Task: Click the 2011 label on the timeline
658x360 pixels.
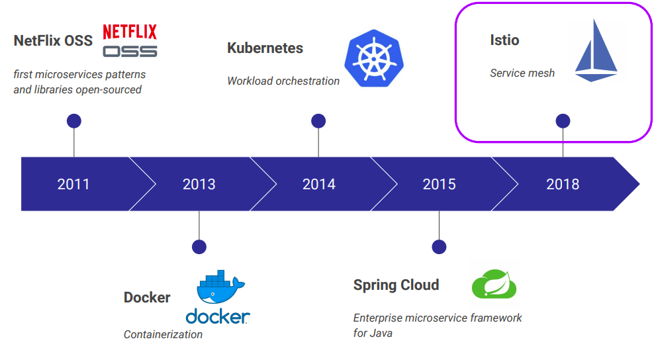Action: click(73, 184)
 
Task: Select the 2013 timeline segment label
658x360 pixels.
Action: click(199, 184)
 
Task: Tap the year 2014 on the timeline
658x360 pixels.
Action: click(319, 184)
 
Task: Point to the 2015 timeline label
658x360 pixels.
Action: click(440, 184)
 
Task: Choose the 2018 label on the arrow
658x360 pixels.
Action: click(563, 184)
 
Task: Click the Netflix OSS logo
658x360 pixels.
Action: click(130, 40)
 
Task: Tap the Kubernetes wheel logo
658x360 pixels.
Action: click(373, 58)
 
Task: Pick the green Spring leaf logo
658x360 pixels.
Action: click(494, 285)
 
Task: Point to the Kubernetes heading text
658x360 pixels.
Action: click(265, 48)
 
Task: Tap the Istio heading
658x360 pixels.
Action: click(504, 40)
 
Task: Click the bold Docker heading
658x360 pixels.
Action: click(147, 298)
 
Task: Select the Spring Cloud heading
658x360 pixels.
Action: click(396, 285)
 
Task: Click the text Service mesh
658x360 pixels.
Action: click(522, 73)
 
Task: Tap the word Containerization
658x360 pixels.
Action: click(163, 334)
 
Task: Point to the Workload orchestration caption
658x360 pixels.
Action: click(283, 81)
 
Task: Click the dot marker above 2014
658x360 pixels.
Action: click(318, 121)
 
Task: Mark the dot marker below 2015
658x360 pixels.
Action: click(439, 247)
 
